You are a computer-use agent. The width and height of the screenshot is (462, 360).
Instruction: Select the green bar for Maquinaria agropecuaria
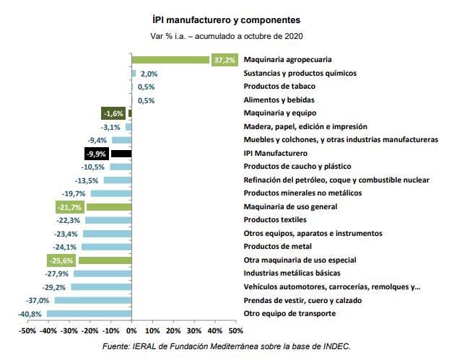click(170, 60)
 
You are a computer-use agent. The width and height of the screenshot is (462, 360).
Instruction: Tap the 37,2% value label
click(225, 60)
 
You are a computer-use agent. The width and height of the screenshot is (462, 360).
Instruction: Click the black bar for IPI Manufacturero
click(121, 154)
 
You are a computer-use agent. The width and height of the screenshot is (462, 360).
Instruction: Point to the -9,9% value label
click(96, 154)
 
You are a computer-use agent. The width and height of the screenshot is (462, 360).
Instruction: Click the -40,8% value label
click(30, 314)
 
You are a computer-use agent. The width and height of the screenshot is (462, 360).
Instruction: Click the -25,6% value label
click(61, 260)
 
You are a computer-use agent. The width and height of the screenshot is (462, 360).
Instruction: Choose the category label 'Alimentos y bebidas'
click(279, 100)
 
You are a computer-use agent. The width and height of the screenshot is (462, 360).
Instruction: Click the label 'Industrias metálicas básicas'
click(292, 273)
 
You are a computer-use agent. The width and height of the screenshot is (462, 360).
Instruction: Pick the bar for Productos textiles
click(108, 220)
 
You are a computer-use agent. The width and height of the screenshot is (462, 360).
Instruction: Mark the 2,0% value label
click(149, 74)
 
